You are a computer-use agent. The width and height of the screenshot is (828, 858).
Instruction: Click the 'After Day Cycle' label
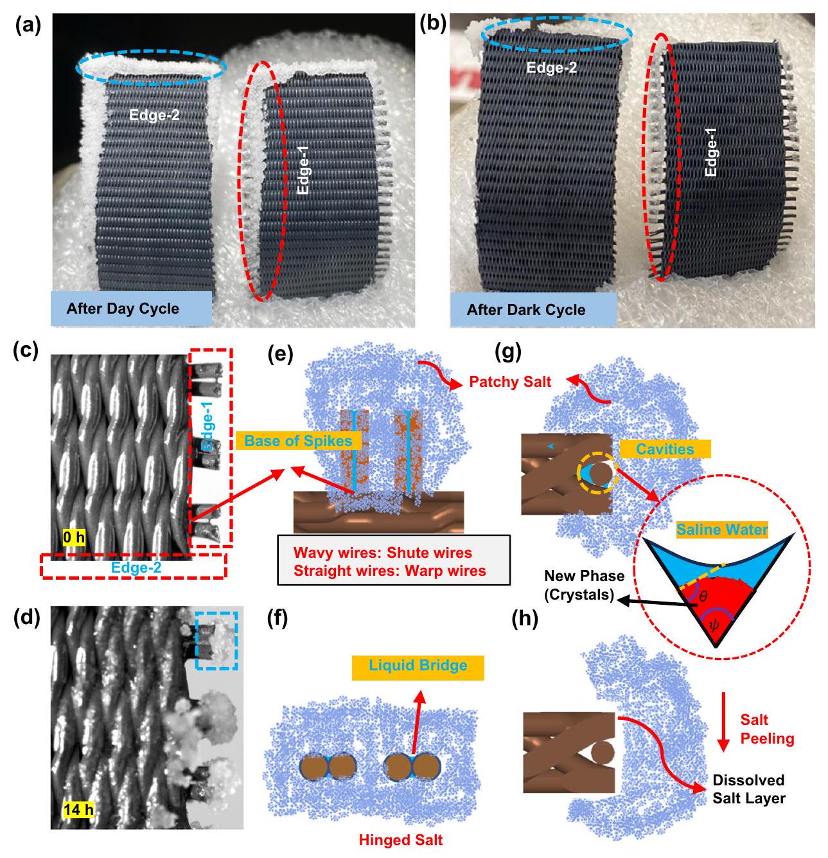pos(122,308)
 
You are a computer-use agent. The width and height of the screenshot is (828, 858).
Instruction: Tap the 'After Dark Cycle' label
pos(525,310)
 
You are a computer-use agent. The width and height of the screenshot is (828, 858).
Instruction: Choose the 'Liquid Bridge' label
pos(418,665)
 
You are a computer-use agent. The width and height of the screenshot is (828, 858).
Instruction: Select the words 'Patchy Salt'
pos(510,381)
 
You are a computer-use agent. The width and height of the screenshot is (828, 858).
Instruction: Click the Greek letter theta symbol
pos(703,597)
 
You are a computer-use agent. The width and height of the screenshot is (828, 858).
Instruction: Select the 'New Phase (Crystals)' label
pos(577,585)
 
